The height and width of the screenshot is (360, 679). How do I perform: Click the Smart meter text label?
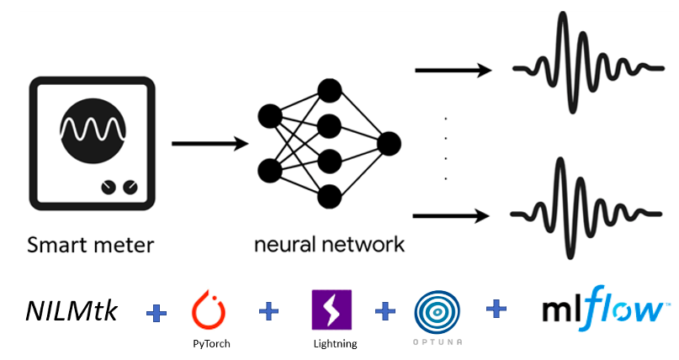[x=90, y=246]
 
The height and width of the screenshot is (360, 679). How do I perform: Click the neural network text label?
[x=329, y=245]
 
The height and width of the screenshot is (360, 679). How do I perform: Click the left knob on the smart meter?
[x=109, y=187]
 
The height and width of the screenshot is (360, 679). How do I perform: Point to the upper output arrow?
[x=452, y=70]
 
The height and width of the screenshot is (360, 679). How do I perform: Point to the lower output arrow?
[x=452, y=216]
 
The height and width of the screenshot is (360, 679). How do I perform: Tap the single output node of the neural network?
[x=389, y=143]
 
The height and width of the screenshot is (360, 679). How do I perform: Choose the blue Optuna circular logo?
[x=437, y=312]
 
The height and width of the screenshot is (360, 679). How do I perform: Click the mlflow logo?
[x=601, y=308]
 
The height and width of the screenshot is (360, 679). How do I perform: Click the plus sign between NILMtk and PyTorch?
[x=156, y=314]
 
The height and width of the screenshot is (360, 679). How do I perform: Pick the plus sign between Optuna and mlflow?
[x=496, y=310]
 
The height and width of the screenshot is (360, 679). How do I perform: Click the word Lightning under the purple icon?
[x=333, y=343]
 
